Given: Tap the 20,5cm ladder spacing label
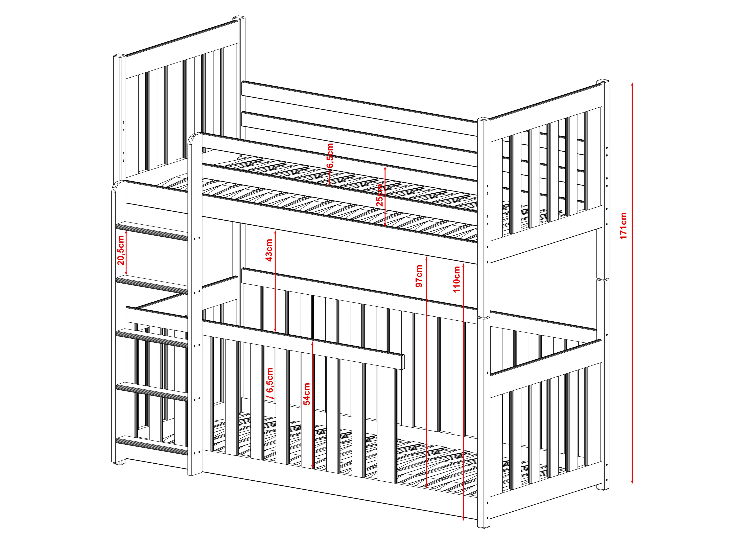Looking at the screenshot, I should pyautogui.click(x=121, y=250).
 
